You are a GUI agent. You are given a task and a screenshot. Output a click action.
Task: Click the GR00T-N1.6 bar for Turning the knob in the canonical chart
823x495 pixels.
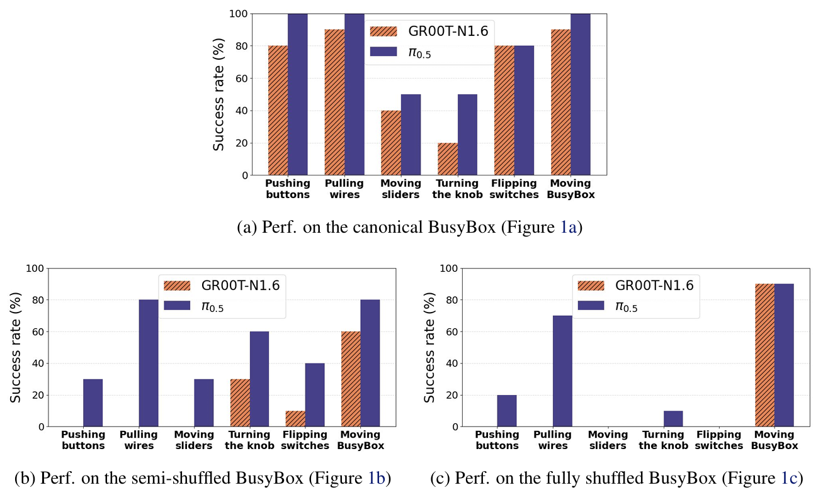[x=448, y=159]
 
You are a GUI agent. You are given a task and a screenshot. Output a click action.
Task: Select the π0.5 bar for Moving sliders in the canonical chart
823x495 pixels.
[x=411, y=135]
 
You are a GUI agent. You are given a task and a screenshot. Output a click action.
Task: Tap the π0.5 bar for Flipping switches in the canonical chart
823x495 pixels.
[x=523, y=111]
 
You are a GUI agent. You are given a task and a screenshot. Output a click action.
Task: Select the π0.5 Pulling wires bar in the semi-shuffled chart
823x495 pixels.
[x=149, y=363]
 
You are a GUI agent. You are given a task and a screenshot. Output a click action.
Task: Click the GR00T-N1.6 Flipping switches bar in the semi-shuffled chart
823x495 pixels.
[x=295, y=419]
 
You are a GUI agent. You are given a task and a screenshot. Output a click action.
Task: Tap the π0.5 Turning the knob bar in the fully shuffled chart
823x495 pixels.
[x=673, y=419]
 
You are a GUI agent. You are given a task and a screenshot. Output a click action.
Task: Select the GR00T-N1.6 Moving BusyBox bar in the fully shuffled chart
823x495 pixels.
[x=764, y=355]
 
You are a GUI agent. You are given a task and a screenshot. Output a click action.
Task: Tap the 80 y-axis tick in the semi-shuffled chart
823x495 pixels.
[x=38, y=300]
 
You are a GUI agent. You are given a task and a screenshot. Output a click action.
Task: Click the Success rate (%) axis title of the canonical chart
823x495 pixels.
[x=219, y=94]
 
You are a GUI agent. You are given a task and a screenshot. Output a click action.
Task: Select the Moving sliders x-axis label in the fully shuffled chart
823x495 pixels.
[x=608, y=440]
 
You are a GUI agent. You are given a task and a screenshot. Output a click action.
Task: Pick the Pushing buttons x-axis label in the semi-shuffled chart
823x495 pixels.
[x=83, y=440]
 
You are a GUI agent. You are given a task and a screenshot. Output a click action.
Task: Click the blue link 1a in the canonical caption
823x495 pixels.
[x=568, y=228]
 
